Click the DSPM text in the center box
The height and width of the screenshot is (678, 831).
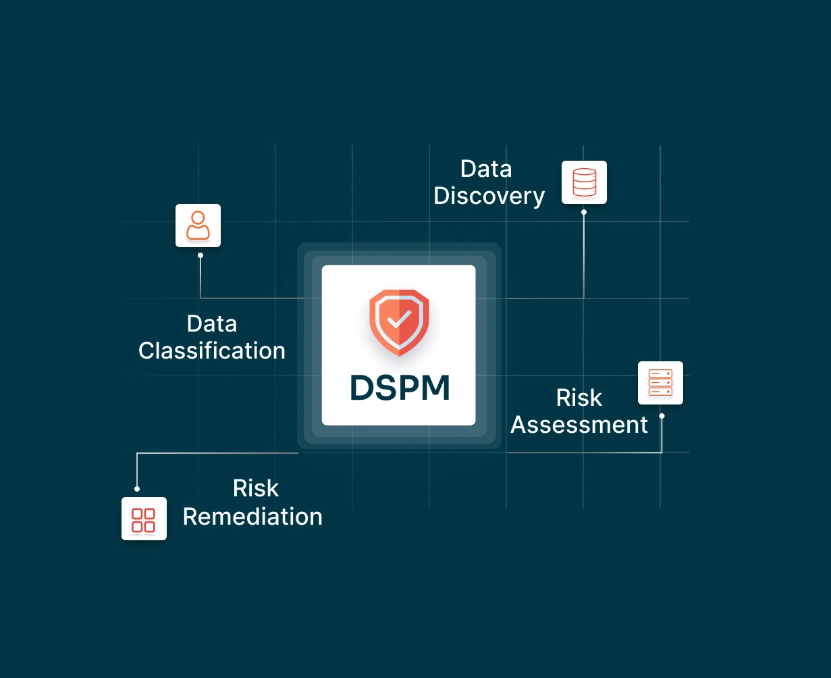pyautogui.click(x=400, y=388)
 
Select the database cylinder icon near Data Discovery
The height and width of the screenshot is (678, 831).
pyautogui.click(x=584, y=182)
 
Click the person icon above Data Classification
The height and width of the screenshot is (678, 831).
pyautogui.click(x=198, y=226)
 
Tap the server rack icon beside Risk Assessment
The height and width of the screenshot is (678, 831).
pyautogui.click(x=660, y=383)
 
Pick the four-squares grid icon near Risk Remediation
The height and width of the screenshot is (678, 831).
pyautogui.click(x=144, y=519)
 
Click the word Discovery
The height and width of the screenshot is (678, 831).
pyautogui.click(x=489, y=196)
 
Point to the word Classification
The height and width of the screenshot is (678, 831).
pyautogui.click(x=212, y=351)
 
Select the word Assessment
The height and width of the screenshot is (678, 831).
pyautogui.click(x=579, y=425)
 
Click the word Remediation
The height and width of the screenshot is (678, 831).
pyautogui.click(x=252, y=517)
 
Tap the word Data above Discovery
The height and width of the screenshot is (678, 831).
pyautogui.click(x=486, y=169)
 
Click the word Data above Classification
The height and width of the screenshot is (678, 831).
pyautogui.click(x=212, y=324)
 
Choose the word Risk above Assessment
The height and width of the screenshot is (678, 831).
pyautogui.click(x=579, y=398)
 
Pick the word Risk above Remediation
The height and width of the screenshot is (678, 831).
pyautogui.click(x=256, y=488)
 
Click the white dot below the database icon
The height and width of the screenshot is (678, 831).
pyautogui.click(x=584, y=212)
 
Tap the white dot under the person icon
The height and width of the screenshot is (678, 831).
pyautogui.click(x=200, y=255)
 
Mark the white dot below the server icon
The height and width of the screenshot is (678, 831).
pyautogui.click(x=662, y=416)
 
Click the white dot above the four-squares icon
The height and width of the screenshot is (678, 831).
pyautogui.click(x=137, y=488)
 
